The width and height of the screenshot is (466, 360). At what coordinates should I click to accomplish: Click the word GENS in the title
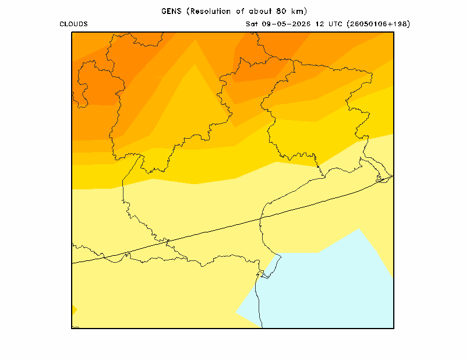click(x=171, y=11)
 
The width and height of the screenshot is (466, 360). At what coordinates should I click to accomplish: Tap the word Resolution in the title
click(x=210, y=11)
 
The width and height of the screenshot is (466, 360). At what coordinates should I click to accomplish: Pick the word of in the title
click(x=240, y=11)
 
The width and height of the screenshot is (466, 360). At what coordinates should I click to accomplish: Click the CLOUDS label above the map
click(x=73, y=24)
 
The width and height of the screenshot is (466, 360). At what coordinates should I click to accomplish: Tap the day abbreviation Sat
click(x=252, y=24)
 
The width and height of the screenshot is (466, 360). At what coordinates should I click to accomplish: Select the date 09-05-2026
click(x=286, y=24)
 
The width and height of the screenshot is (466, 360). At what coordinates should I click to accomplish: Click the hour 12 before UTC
click(x=320, y=24)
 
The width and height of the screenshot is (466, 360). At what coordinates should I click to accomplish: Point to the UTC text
click(x=336, y=24)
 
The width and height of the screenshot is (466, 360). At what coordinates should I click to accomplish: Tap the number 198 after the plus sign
click(x=400, y=24)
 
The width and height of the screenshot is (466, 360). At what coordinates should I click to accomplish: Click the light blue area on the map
click(x=327, y=285)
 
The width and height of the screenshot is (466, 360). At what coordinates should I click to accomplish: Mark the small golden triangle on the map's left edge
click(x=74, y=310)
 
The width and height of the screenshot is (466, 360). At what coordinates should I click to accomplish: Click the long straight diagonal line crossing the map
click(x=232, y=220)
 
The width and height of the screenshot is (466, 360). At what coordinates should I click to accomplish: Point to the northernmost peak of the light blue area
click(x=359, y=228)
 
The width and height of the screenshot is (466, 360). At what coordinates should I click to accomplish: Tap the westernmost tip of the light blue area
click(x=236, y=312)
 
